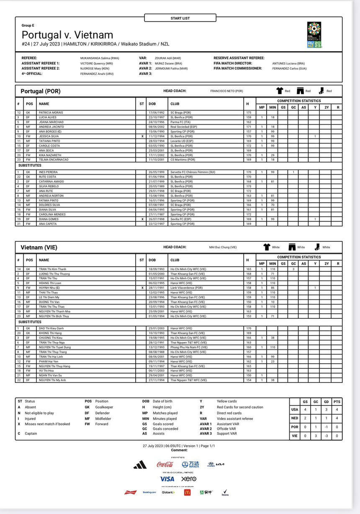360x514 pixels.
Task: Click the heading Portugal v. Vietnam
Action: point(67,35)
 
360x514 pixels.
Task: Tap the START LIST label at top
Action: point(180,18)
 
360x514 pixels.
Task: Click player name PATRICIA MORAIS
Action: point(51,113)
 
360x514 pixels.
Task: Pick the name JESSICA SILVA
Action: point(49,136)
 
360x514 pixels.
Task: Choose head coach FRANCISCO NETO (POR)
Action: point(226,91)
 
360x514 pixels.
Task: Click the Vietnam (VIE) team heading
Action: point(39,248)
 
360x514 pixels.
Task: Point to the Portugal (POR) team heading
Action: point(41,91)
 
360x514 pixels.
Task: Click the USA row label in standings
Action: point(295,409)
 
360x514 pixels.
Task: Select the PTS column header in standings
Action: point(337,401)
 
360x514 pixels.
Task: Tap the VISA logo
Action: point(167,479)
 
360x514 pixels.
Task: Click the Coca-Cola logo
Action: point(165,464)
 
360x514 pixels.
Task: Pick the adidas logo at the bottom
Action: point(140,464)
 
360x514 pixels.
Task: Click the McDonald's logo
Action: point(187,492)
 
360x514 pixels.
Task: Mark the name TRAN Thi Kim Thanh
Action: point(52,269)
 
